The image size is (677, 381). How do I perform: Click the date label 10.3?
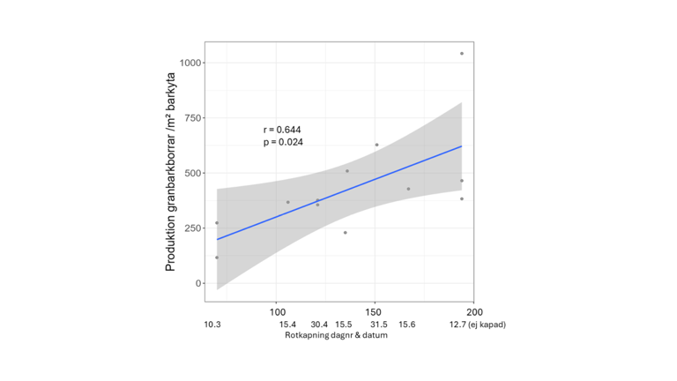[x=212, y=325]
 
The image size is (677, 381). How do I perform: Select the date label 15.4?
[x=287, y=325]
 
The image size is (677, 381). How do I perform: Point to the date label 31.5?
[x=377, y=325]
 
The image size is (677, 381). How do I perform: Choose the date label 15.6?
[x=406, y=325]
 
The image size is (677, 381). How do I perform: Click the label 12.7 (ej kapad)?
[x=477, y=325]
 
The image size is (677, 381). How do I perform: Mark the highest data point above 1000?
[x=462, y=54]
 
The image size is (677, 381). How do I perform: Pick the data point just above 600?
[x=376, y=145]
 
